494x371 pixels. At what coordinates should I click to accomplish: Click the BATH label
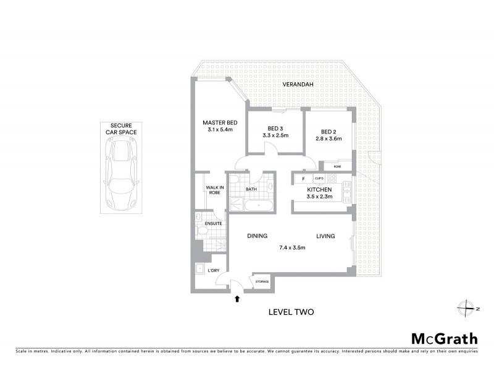coord(251,189)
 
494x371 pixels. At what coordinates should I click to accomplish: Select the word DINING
coord(257,236)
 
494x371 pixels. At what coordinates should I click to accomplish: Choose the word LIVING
coord(325,236)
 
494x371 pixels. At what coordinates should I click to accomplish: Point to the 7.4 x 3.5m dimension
coord(293,248)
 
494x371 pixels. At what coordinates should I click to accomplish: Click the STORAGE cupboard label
coord(262,282)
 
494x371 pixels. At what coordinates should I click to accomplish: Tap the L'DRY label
coord(214,270)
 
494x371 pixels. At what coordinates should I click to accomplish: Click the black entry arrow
coord(238,300)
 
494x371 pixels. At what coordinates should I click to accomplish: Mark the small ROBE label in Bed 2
coord(337,166)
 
